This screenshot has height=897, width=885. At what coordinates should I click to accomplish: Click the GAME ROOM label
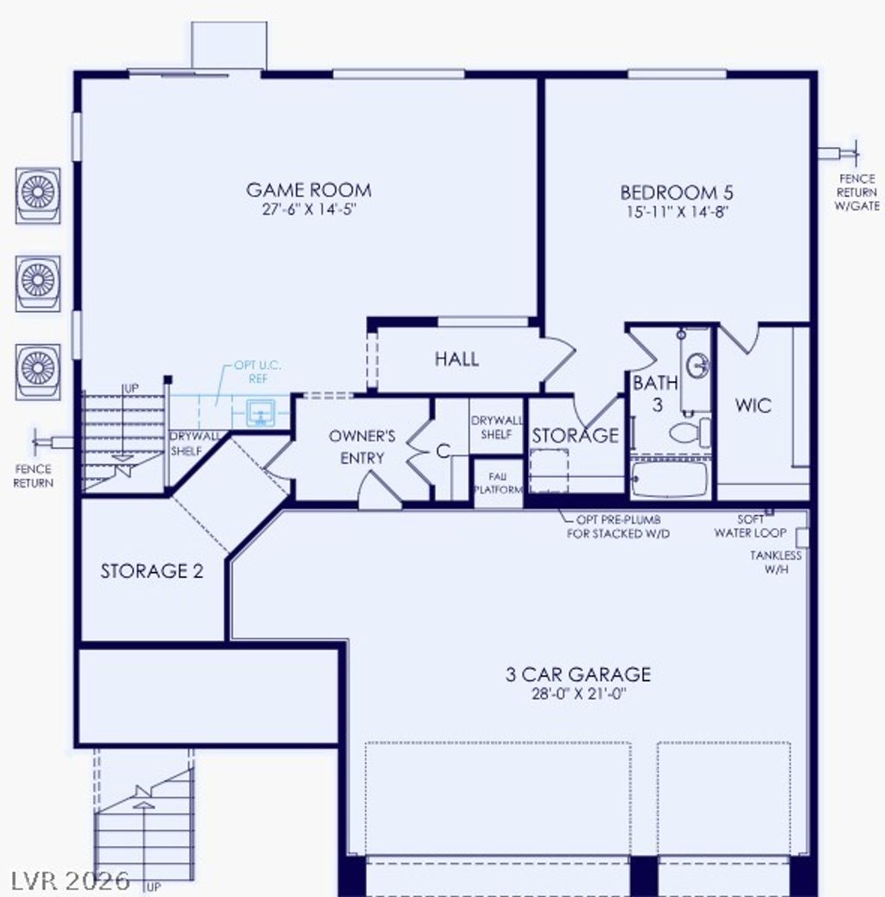(309, 190)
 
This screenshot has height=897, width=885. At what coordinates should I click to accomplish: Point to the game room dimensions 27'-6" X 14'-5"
(309, 210)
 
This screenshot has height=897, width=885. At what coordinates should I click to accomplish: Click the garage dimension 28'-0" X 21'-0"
(578, 694)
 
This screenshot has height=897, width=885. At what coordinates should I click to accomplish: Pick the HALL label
(456, 359)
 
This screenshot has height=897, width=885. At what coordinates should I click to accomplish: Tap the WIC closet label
(753, 405)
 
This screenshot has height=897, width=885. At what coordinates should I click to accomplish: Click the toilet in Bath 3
(689, 432)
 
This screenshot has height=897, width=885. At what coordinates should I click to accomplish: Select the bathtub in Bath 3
(669, 479)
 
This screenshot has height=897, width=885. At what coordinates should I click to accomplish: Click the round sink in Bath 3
(697, 366)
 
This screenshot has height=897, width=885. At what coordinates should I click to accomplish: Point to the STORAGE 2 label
(152, 571)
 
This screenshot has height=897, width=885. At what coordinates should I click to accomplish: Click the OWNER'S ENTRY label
(362, 447)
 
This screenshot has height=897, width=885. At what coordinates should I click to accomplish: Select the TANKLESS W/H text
(775, 563)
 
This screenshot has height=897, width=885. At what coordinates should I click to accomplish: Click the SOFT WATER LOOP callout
(750, 526)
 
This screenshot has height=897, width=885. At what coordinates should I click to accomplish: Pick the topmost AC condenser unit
(38, 193)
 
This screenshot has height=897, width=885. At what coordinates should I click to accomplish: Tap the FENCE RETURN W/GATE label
(856, 192)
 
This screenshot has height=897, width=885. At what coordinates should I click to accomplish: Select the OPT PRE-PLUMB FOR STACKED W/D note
(618, 527)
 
